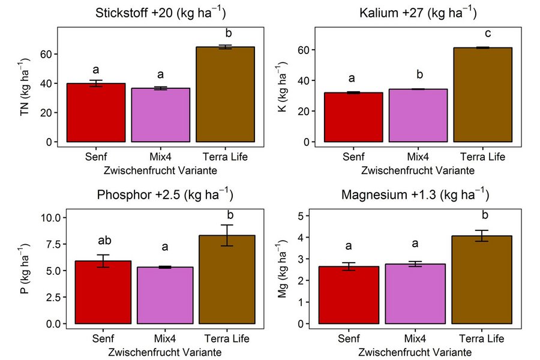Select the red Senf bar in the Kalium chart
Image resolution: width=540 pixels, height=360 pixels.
coord(353,117)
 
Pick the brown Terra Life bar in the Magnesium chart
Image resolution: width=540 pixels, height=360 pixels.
coord(483,280)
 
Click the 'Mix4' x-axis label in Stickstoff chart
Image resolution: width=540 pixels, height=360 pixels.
coord(161,157)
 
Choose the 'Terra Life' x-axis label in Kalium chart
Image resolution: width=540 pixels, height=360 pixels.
coord(483,157)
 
